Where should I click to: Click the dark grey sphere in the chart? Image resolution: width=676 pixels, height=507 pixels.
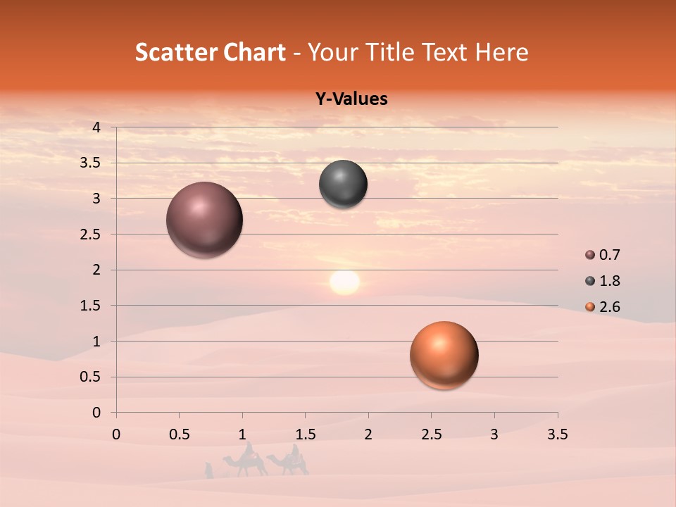(343, 184)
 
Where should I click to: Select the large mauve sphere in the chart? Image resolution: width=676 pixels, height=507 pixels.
(205, 220)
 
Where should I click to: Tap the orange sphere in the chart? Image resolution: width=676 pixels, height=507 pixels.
(444, 355)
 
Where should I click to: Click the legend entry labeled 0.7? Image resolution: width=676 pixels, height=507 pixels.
(603, 255)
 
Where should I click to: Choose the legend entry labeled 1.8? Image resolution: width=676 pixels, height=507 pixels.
(603, 281)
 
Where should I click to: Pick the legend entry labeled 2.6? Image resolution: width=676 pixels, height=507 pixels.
(603, 307)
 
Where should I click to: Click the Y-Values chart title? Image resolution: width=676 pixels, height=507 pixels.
(351, 99)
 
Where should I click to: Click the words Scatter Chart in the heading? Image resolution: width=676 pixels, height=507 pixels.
(210, 52)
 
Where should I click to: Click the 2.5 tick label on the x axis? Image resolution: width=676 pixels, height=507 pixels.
(431, 434)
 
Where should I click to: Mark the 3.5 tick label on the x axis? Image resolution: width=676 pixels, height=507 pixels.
(557, 434)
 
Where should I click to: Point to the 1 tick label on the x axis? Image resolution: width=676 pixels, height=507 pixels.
(242, 434)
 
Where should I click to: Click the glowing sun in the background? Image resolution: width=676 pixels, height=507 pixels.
(344, 282)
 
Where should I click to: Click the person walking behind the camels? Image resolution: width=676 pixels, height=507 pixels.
(208, 470)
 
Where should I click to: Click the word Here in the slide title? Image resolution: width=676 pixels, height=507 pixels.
(501, 52)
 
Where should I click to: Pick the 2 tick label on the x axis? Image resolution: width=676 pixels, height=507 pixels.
(368, 434)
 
